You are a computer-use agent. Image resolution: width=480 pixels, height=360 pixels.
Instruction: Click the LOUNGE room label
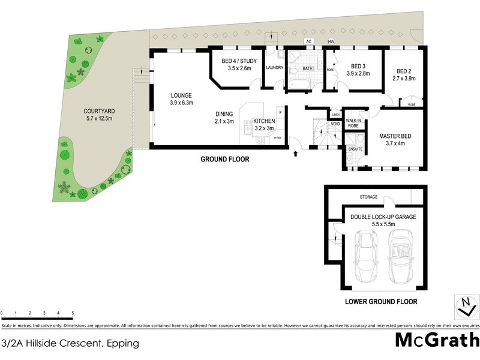(x=181, y=95)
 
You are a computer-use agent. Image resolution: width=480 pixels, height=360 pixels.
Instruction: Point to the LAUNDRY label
(x=274, y=68)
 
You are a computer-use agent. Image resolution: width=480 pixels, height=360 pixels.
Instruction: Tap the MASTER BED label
(x=395, y=136)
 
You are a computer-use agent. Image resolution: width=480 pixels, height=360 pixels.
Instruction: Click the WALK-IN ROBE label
(x=336, y=124)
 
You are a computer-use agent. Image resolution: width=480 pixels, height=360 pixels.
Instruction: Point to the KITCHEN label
(x=264, y=121)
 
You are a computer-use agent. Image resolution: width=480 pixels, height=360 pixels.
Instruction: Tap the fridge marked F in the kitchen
(x=280, y=112)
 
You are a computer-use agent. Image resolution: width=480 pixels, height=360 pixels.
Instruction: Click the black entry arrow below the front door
(x=295, y=154)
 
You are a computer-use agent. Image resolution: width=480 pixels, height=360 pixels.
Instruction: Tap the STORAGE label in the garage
(x=368, y=196)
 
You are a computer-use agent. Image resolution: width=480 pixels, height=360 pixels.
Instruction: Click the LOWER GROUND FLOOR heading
(x=381, y=302)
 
